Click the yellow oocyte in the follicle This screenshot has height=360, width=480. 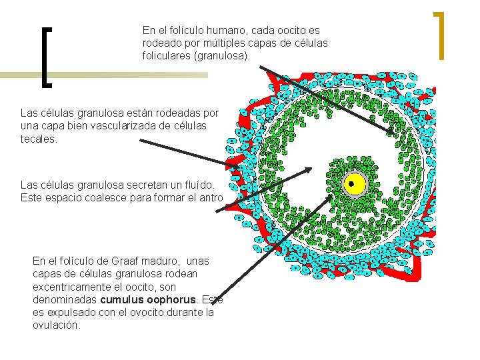pyautogui.click(x=355, y=184)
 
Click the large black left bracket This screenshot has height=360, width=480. pyautogui.click(x=47, y=57)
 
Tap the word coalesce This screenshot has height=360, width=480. pyautogui.click(x=99, y=197)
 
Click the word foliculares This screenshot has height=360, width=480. pyautogui.click(x=166, y=55)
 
